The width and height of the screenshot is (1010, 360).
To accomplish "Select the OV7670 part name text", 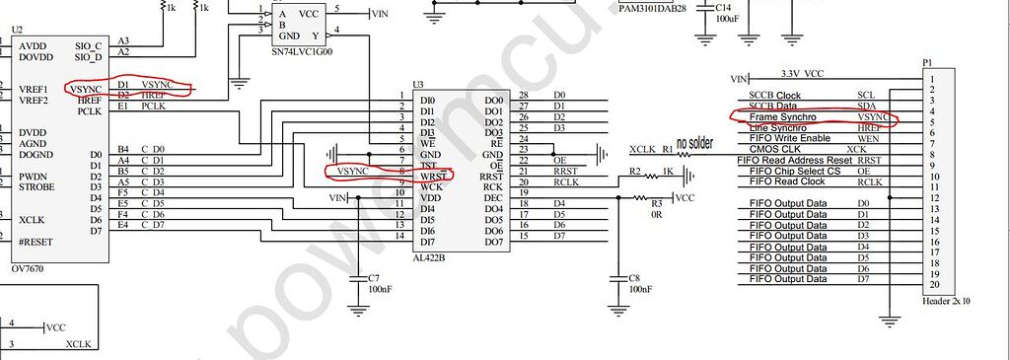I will coord(29,268).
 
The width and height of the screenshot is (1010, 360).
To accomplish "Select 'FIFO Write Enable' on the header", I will coord(789,138).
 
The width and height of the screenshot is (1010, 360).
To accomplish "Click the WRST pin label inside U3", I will coord(432,176).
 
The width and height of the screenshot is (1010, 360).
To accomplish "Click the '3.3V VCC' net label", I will coord(802,74).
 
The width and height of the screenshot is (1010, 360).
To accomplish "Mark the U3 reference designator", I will coord(418,85).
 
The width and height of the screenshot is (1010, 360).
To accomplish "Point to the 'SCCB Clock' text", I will coord(775,96).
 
